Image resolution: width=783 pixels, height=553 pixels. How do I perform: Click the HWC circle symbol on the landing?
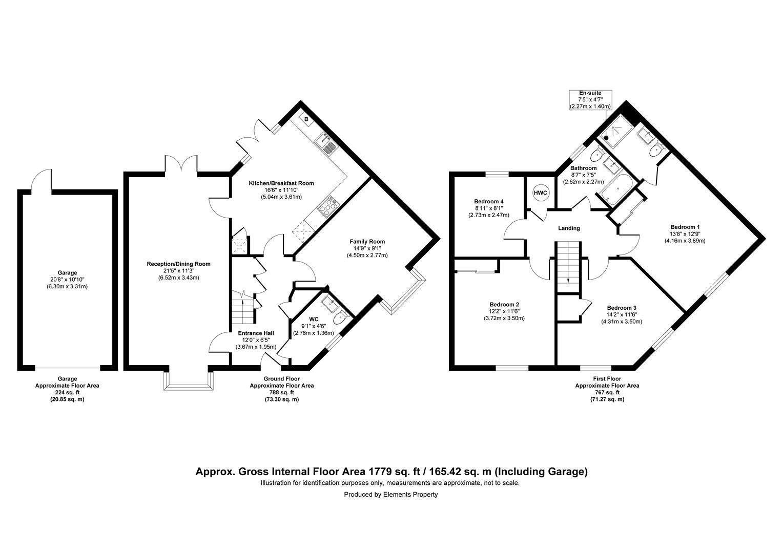pyautogui.click(x=541, y=193)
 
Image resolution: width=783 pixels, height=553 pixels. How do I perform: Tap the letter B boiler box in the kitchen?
pyautogui.click(x=306, y=120)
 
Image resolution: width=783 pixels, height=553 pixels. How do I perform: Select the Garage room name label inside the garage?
pyautogui.click(x=67, y=273)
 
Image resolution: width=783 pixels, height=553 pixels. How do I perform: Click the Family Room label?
pyautogui.click(x=367, y=242)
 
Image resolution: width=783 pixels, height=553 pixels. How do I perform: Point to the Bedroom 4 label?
pyautogui.click(x=488, y=202)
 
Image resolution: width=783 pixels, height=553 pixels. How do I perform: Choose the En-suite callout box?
pyautogui.click(x=590, y=100)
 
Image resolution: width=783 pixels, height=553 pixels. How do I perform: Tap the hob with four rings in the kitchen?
pyautogui.click(x=327, y=206)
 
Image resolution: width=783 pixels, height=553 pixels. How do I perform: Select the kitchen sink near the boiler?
pyautogui.click(x=327, y=142)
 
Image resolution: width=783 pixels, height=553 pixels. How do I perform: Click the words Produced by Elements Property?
pyautogui.click(x=391, y=495)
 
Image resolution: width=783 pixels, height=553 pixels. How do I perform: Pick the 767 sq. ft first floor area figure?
pyautogui.click(x=607, y=393)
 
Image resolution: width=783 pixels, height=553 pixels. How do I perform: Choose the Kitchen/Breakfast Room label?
pyautogui.click(x=281, y=183)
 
